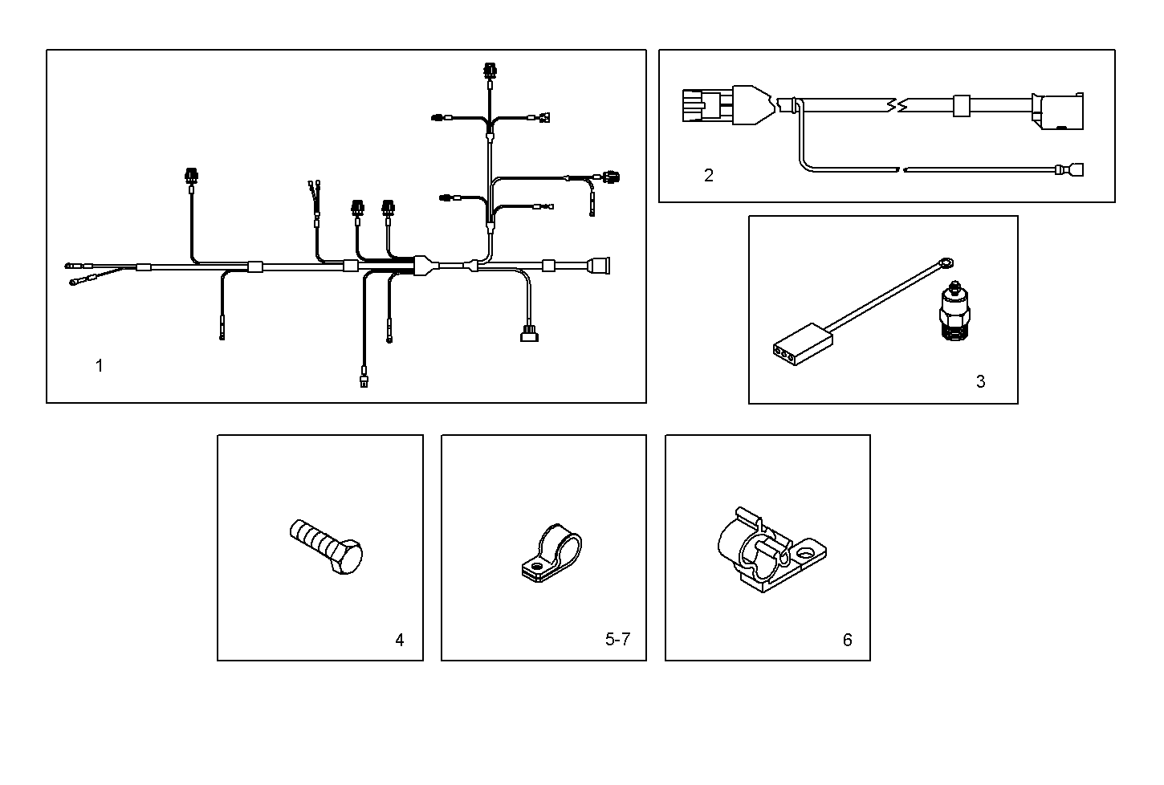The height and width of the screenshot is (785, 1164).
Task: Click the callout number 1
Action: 100,366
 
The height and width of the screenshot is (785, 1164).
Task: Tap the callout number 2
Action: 708,175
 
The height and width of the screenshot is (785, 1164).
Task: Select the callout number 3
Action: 980,382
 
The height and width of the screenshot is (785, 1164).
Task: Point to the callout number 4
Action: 399,640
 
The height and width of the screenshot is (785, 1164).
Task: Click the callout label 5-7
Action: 617,640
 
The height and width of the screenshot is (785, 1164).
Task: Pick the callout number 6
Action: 847,640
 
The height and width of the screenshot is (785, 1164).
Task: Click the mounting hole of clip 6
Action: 804,554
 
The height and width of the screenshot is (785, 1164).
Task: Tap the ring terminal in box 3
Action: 947,261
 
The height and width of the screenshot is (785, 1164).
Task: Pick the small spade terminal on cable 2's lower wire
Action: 1072,170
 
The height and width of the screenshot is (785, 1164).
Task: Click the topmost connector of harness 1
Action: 490,71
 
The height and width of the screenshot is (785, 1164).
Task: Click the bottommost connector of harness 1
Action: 364,379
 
